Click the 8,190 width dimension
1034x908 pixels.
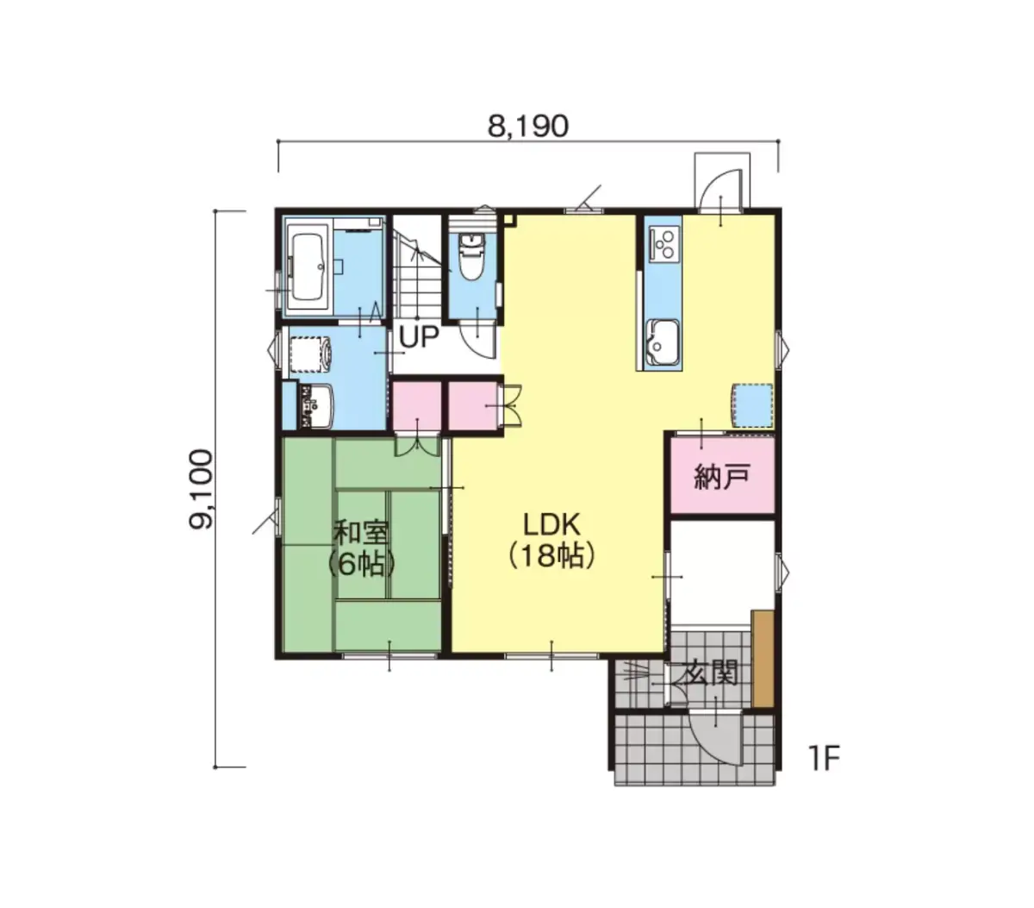[527, 126]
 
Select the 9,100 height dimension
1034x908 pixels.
[201, 489]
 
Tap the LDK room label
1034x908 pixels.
[551, 524]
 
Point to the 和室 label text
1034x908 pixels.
[361, 534]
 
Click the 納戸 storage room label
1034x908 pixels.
[721, 478]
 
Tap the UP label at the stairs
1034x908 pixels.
[419, 337]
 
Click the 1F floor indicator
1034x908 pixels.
[823, 758]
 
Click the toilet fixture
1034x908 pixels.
[470, 256]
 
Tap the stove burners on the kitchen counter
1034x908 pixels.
[664, 245]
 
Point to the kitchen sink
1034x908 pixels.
[662, 342]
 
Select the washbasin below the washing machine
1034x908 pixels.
[317, 406]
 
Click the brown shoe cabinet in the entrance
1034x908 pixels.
[763, 659]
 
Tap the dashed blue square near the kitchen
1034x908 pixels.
[752, 405]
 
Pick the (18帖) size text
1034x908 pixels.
[551, 555]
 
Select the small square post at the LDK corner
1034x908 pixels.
[509, 220]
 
